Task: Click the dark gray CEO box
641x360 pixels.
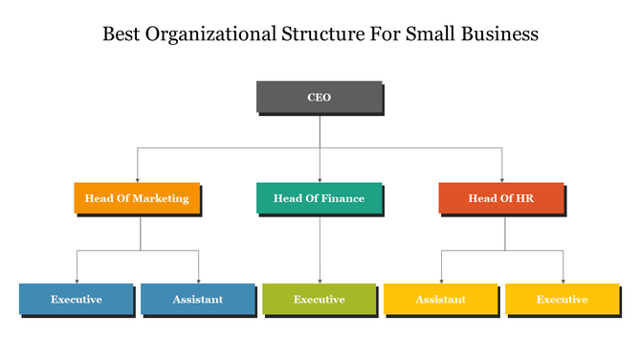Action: [319, 98]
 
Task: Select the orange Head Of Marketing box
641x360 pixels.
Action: [137, 198]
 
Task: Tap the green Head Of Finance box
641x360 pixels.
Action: [319, 198]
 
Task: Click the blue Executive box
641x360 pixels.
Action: [76, 299]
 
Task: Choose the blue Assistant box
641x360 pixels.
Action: [197, 299]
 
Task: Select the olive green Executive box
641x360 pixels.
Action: [319, 299]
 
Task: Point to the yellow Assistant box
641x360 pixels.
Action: [440, 299]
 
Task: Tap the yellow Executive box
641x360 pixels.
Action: [562, 299]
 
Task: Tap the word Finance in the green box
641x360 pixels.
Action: [342, 198]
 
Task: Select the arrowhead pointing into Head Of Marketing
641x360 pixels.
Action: [137, 179]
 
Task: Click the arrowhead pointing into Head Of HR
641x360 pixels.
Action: [501, 179]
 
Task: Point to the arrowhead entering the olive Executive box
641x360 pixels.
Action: [319, 280]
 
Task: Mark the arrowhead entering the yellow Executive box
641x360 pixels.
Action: [563, 280]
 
